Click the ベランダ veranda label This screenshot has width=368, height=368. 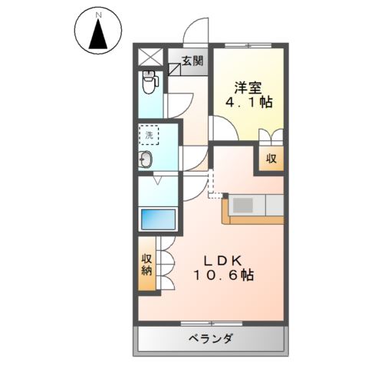point(210,340)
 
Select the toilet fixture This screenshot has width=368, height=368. point(149,79)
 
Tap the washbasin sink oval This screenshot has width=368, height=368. point(147,160)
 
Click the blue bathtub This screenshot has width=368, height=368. point(159,218)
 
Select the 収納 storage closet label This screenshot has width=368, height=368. point(146,264)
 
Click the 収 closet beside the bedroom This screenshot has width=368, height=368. point(271,159)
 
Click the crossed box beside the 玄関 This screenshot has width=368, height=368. point(149,57)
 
